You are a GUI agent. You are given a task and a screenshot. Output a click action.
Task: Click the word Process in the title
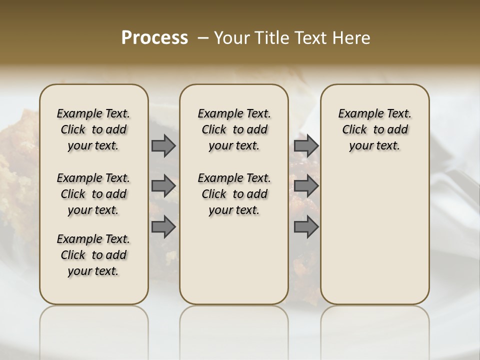(154, 38)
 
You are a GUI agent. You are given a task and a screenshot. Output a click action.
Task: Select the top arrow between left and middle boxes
(163, 145)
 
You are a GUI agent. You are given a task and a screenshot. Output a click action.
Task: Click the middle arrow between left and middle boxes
(163, 186)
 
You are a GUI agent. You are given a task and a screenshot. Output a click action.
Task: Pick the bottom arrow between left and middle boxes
(163, 227)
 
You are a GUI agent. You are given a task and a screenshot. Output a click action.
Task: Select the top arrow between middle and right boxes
(306, 145)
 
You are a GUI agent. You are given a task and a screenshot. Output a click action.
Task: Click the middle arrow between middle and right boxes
(306, 186)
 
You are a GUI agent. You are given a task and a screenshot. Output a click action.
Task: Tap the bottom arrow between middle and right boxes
(306, 227)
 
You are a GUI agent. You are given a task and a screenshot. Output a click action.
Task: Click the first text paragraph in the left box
(93, 129)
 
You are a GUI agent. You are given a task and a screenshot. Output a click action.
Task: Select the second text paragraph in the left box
(93, 194)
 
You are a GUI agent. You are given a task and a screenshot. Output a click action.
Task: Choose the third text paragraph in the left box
(93, 255)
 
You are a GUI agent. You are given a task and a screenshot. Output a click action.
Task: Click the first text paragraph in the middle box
(234, 129)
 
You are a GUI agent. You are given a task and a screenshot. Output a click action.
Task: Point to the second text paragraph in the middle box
(234, 194)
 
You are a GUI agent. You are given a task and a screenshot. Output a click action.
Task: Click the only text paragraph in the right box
(375, 129)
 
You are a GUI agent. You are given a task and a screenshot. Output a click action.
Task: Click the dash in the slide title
(202, 38)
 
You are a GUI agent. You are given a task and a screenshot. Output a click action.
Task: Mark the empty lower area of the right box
(375, 235)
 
